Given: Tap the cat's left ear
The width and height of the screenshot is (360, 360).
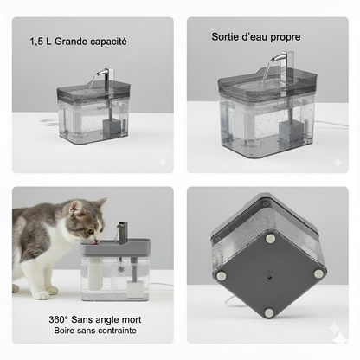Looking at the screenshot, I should point(76,206).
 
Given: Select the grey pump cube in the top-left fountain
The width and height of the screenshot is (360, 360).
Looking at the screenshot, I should point(111,126).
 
